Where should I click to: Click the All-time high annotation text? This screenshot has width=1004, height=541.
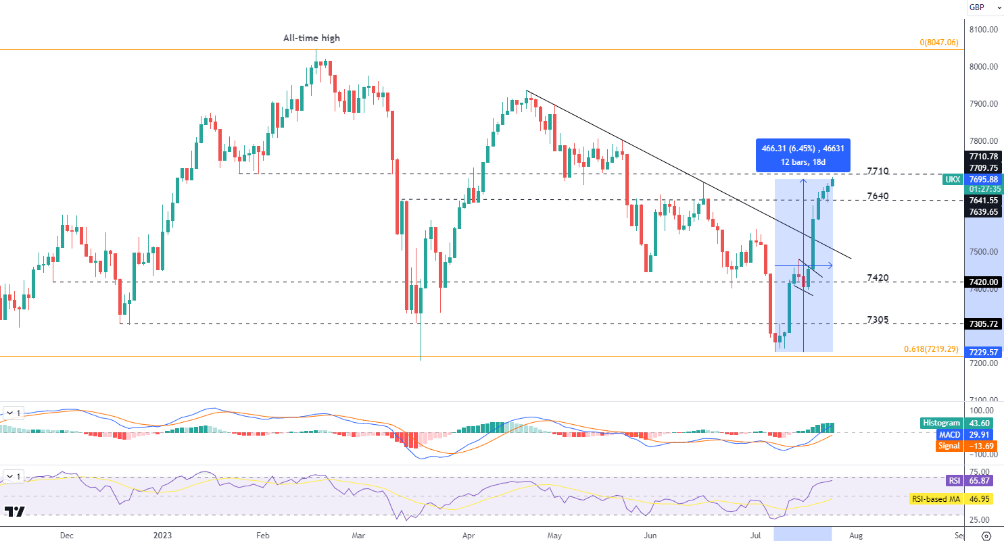tap(311, 38)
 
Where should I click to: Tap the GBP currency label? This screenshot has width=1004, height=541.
tap(976, 7)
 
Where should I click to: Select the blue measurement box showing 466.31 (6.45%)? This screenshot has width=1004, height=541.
tap(803, 155)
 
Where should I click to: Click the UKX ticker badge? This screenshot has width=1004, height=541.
tap(953, 179)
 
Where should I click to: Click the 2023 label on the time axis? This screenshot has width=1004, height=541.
tap(162, 536)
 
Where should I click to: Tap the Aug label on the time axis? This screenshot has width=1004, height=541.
tap(856, 536)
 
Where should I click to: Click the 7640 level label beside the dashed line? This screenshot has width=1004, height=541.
tap(878, 196)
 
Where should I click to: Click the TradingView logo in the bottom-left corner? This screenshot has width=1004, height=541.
tap(14, 511)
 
